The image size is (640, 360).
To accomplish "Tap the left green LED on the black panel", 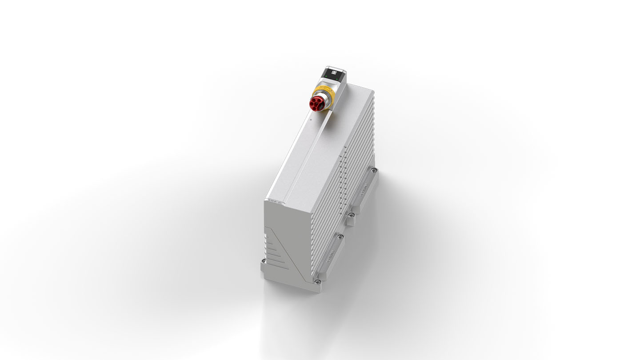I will coord(327,77).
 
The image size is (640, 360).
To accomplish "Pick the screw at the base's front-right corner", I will coord(317,280).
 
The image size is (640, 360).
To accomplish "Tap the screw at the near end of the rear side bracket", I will coord(351,215).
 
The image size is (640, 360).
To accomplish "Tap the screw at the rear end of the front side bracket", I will coord(341,236).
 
